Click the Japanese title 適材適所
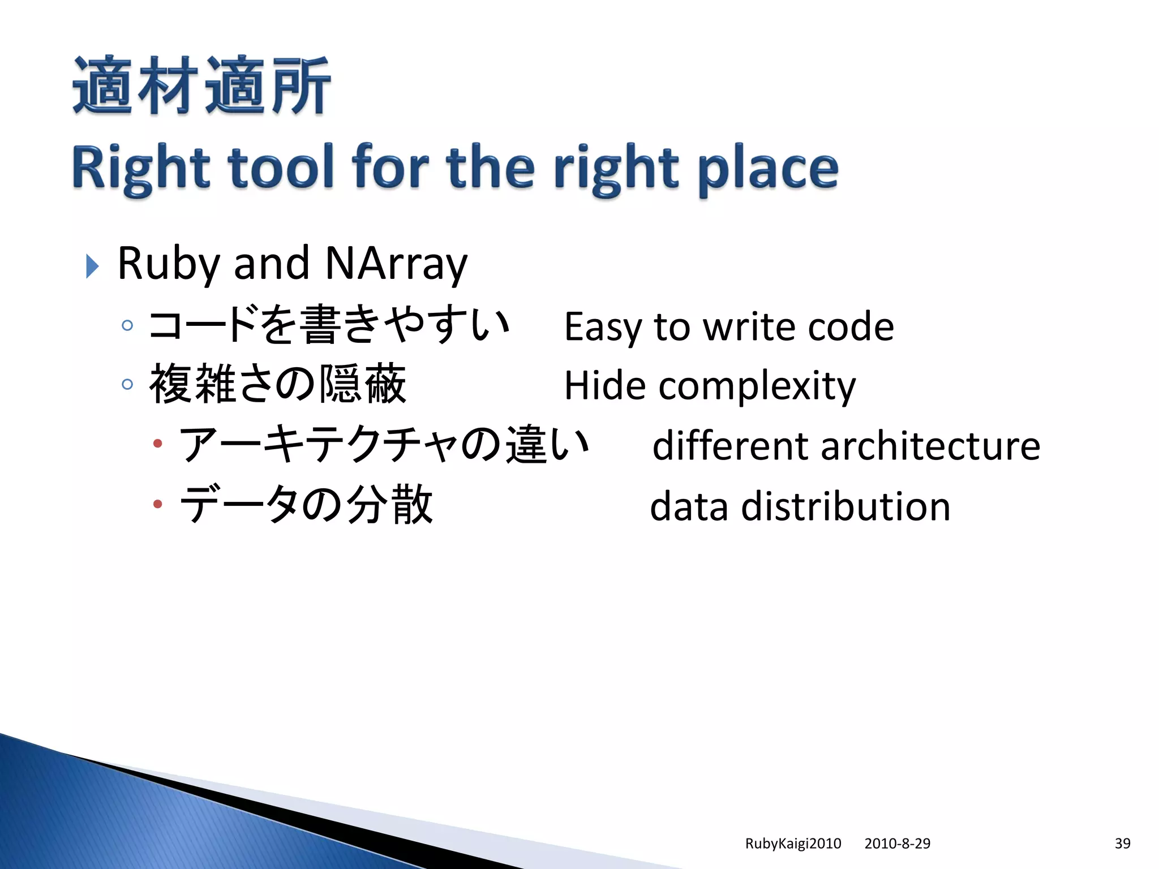201,86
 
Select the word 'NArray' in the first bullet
396,264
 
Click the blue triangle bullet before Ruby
92,266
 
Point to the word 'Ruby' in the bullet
168,264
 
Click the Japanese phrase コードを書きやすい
329,325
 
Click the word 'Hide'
604,386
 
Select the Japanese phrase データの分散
306,505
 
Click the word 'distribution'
845,506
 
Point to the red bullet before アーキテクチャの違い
158,444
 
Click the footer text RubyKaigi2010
793,844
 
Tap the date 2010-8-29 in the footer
897,844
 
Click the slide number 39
1122,844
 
